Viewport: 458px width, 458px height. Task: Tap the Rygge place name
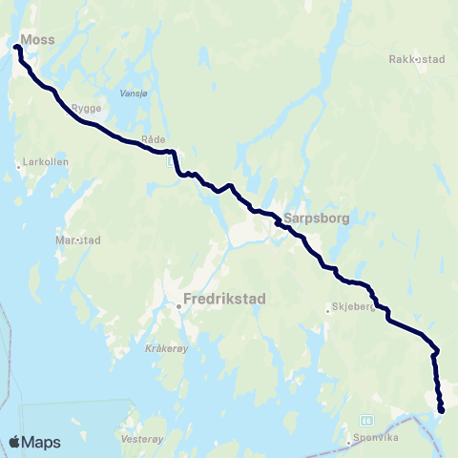[x=86, y=108]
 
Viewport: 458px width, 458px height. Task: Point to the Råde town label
[x=153, y=139]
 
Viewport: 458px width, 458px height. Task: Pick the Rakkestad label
[x=417, y=59]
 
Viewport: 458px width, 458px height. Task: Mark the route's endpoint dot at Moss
[x=17, y=46]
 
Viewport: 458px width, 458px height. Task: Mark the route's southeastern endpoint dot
[x=442, y=410]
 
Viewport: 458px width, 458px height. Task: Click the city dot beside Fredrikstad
[x=178, y=306]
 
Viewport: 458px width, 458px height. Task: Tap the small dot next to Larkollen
[x=18, y=166]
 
